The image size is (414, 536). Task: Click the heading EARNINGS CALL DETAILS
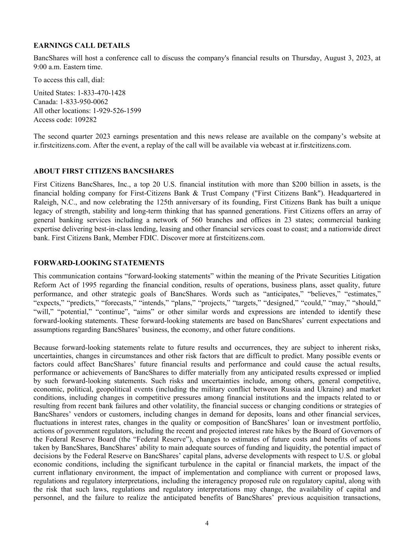pos(82,46)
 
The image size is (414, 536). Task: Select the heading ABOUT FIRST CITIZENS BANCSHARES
pos(104,171)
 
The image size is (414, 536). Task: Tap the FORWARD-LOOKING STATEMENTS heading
pos(99,263)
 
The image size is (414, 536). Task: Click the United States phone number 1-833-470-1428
pos(101,93)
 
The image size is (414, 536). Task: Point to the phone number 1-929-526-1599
pos(117,111)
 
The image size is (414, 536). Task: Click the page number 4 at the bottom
pos(207,523)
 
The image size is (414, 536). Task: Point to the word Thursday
pos(307,58)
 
